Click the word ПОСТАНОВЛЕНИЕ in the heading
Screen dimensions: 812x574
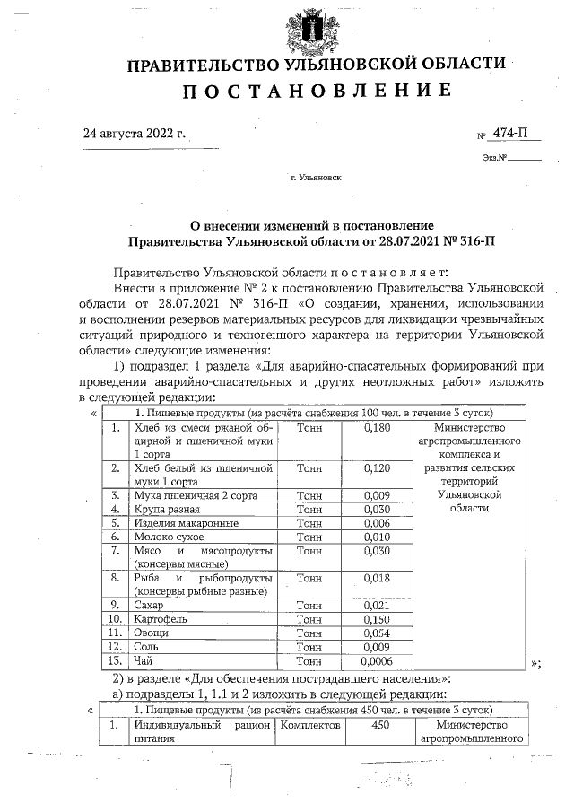coord(317,91)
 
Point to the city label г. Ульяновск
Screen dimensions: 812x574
coord(316,178)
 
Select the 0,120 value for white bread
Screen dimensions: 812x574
coord(378,468)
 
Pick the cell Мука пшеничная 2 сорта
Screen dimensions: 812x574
coord(188,494)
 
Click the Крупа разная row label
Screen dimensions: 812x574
coord(165,509)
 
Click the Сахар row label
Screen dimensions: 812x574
coord(150,606)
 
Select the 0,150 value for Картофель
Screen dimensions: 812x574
coord(378,619)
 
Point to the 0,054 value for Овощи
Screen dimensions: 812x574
coord(378,633)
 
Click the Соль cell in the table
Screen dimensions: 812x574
coord(147,646)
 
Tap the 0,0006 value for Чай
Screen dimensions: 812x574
coord(378,660)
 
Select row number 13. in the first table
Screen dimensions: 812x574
coord(114,660)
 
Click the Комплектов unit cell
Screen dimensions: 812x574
coord(310,725)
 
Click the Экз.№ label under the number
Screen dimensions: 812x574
coord(495,160)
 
